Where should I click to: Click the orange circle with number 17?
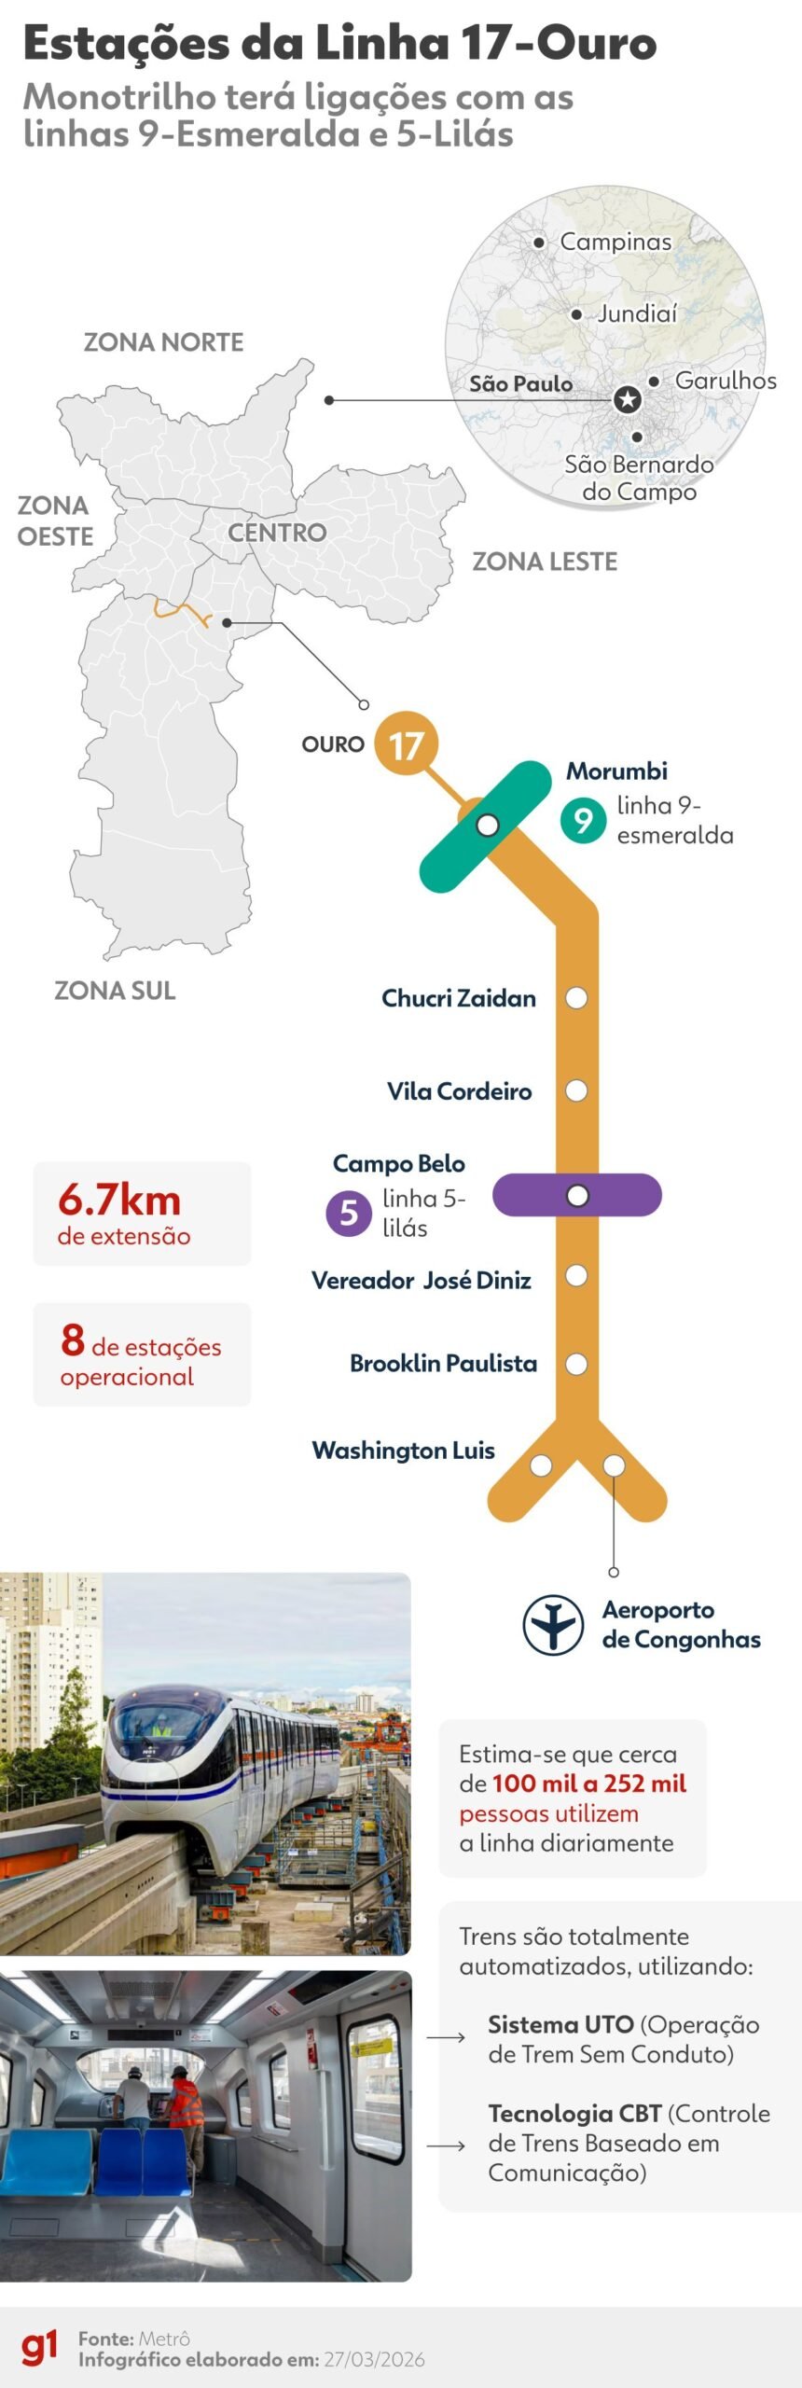406,744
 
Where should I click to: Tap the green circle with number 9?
583,819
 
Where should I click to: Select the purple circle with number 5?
349,1213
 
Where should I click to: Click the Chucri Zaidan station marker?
576,998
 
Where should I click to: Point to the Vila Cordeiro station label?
459,1091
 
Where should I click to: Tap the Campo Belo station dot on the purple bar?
577,1195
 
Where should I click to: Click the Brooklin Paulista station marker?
576,1364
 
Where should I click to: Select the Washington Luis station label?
403,1451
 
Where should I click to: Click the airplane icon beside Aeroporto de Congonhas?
552,1625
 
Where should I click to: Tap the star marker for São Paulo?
628,400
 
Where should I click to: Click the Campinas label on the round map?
615,242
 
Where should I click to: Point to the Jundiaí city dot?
576,314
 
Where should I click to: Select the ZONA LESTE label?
545,562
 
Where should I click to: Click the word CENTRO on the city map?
277,533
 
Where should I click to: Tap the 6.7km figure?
119,1201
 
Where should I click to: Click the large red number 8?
73,1340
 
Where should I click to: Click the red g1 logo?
39,2346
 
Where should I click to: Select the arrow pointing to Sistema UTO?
446,2037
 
